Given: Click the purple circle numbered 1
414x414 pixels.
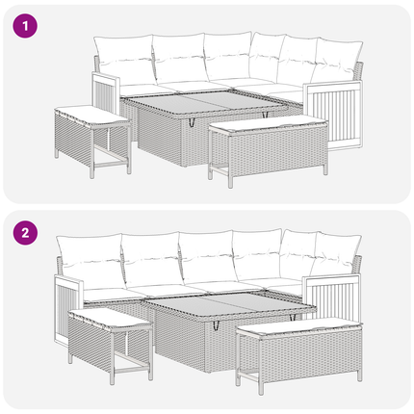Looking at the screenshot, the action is tap(25, 26).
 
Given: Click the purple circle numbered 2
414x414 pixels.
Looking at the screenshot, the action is tap(25, 233).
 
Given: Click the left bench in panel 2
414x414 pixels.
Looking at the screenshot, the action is tap(111, 345).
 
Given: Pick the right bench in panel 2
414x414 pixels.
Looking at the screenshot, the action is tap(299, 354).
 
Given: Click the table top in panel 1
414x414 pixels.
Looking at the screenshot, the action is tap(205, 102).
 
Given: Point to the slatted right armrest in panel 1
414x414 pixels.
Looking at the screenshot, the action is tap(333, 116).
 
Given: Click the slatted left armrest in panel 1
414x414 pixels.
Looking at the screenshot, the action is tap(105, 93).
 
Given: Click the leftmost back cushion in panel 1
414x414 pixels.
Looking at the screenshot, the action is tap(124, 60).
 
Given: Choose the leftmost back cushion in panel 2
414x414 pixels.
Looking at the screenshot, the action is tap(91, 261).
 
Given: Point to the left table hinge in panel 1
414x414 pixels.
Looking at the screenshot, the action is tap(192, 121).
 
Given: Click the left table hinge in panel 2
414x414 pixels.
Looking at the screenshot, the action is tap(216, 324).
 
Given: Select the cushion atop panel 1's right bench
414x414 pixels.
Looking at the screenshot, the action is tap(269, 123).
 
